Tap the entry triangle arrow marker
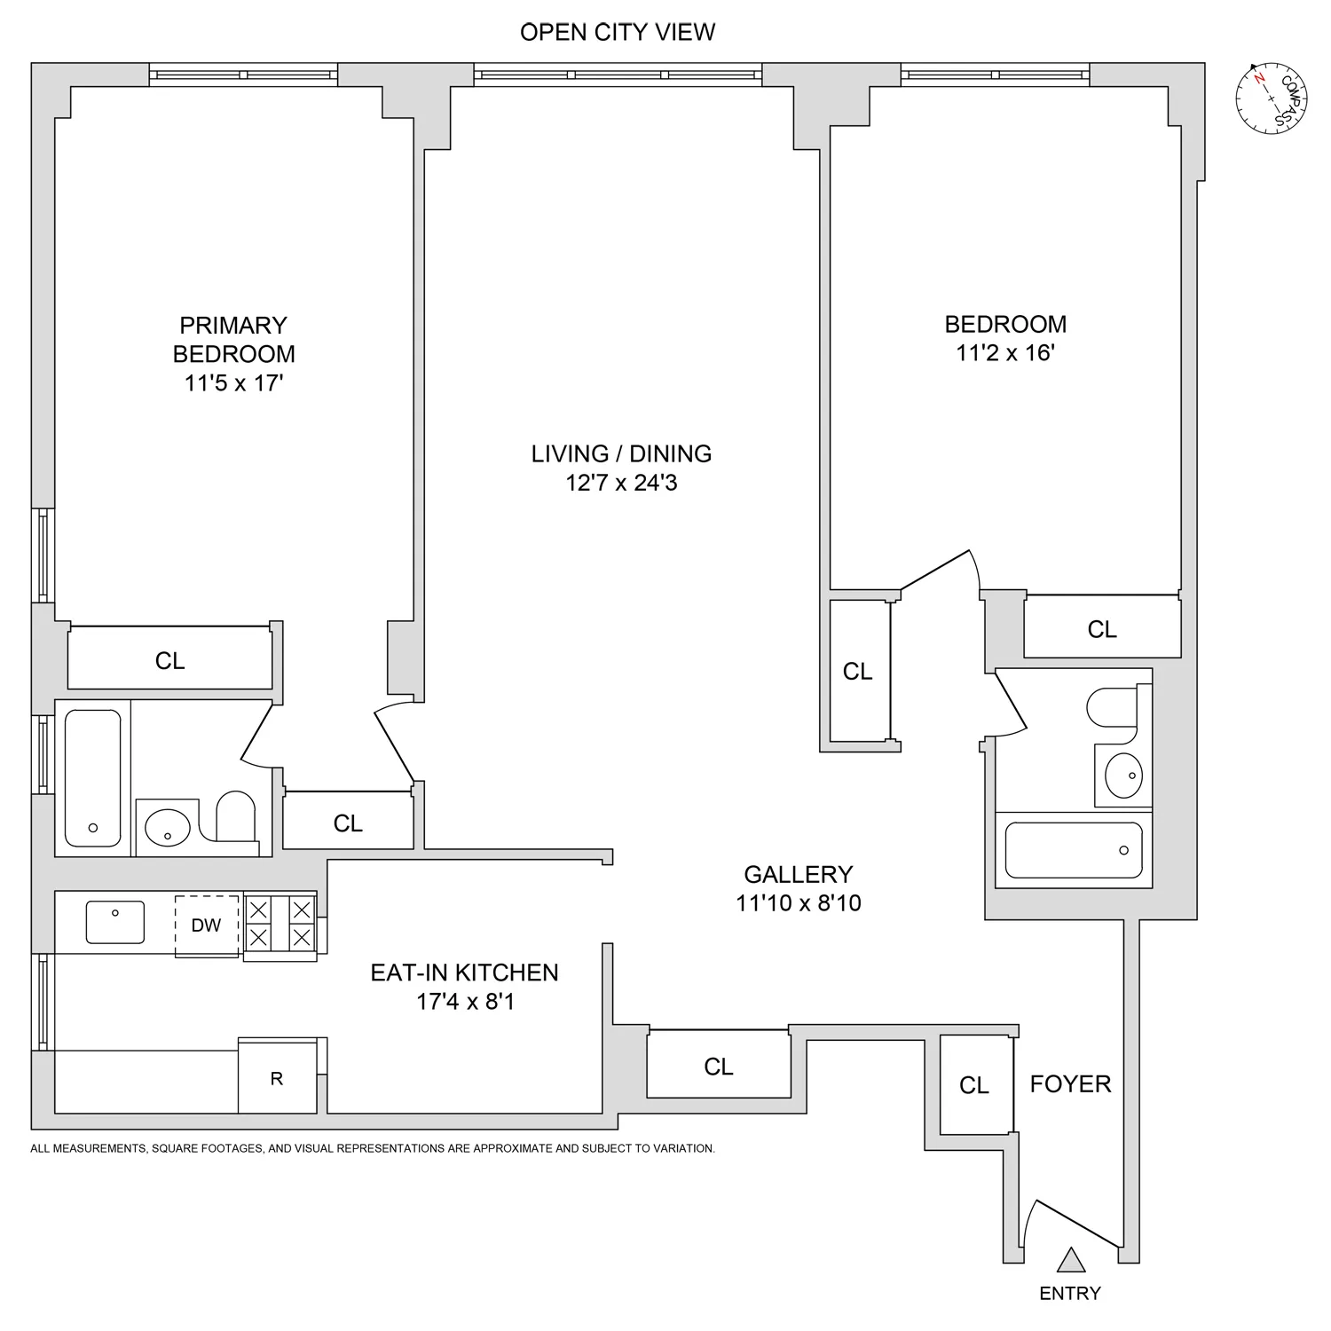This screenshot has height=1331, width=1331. click(1071, 1261)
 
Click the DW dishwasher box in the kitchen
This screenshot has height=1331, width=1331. click(207, 925)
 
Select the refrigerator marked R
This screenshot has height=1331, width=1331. click(277, 1078)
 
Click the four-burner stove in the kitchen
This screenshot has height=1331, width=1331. click(280, 924)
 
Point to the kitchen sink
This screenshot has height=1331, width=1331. click(115, 922)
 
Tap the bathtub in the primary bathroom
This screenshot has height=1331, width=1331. click(93, 777)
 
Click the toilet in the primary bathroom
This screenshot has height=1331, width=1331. click(235, 816)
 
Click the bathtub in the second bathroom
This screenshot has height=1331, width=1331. click(1074, 849)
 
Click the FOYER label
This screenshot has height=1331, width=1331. click(1070, 1083)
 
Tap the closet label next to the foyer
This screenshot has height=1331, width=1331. click(974, 1085)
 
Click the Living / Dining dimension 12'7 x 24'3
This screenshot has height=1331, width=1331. click(621, 483)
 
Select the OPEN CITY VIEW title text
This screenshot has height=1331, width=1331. click(618, 32)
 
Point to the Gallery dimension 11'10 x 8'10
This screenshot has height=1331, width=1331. click(798, 903)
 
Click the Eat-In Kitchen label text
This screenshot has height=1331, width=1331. click(464, 973)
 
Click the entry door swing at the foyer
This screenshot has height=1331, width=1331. click(1074, 1224)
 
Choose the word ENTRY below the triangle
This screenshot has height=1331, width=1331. click(1070, 1294)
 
